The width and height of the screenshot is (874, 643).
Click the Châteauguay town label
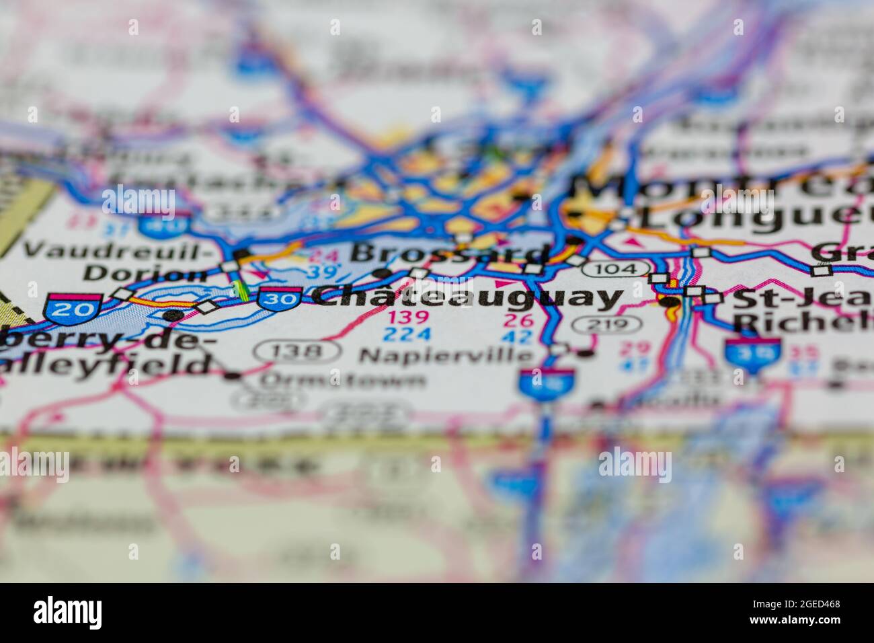tap(468, 297)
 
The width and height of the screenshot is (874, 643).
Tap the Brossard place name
tap(449, 254)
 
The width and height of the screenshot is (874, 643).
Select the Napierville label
tap(446, 354)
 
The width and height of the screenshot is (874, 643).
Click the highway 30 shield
tap(278, 297)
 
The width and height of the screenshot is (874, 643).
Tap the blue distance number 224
tap(407, 334)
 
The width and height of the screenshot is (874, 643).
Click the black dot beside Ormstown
tap(233, 375)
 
